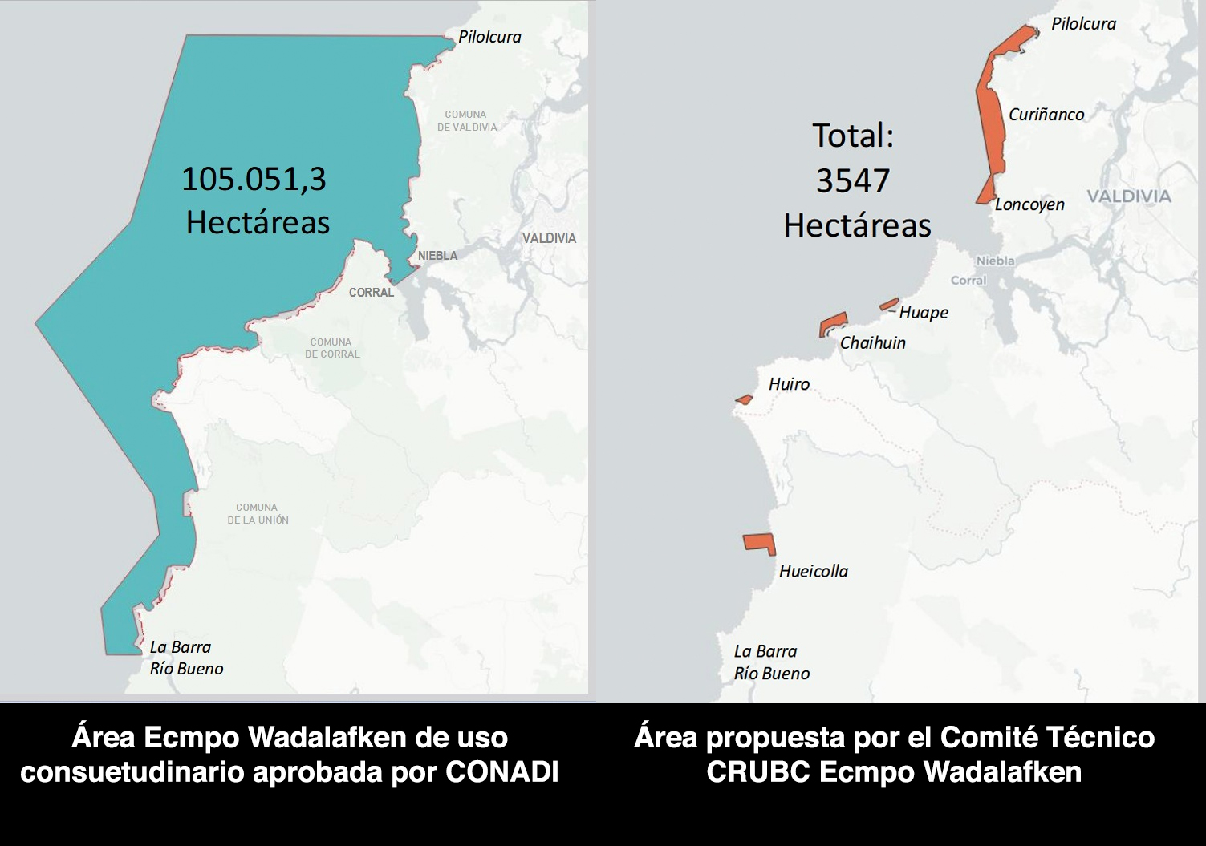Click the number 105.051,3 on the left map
tap(254, 178)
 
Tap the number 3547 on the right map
tap(852, 180)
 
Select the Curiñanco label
tap(1046, 115)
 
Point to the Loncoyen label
tap(1029, 204)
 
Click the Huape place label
tap(923, 313)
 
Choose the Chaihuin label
tap(872, 343)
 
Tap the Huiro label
tap(788, 384)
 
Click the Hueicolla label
tap(813, 572)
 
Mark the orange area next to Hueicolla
tap(758, 543)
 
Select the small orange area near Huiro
tap(744, 399)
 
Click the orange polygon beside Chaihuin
tap(831, 324)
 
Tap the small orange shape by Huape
tap(888, 304)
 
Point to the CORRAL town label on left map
tap(371, 293)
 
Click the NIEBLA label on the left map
tap(437, 256)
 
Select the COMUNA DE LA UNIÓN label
tap(258, 514)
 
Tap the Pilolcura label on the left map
tap(489, 37)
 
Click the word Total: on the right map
tap(852, 136)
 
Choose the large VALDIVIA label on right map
tap(1129, 196)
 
